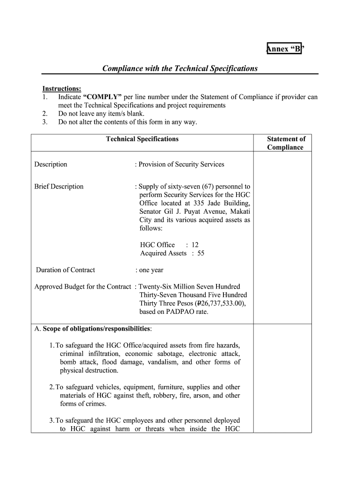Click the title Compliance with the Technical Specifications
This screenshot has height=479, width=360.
(180, 68)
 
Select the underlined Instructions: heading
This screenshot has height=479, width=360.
(62, 89)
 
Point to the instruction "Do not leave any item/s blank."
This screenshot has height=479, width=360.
(101, 114)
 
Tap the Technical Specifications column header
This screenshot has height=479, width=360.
(142, 139)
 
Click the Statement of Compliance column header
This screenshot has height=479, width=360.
(286, 143)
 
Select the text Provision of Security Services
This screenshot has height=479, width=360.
(181, 164)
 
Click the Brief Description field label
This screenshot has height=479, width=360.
(59, 187)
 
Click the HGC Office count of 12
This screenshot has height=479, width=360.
(195, 245)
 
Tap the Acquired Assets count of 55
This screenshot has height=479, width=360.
(200, 253)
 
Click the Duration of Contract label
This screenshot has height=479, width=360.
(65, 270)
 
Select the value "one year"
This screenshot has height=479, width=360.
(151, 270)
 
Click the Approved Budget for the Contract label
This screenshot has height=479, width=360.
(82, 286)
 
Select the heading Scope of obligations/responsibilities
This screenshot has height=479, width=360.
(96, 329)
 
